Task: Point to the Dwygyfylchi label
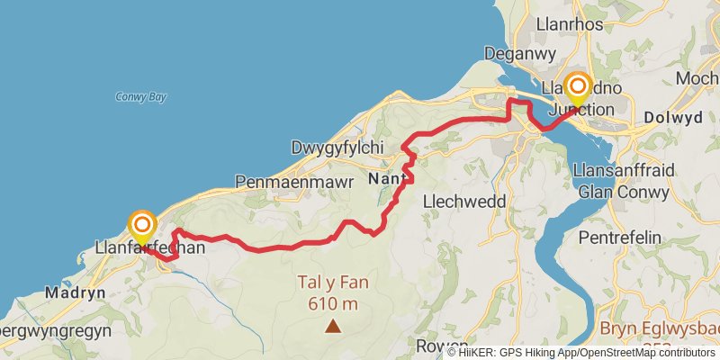[x=337, y=147]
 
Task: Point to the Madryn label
[x=76, y=292]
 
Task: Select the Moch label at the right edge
[x=697, y=78]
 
